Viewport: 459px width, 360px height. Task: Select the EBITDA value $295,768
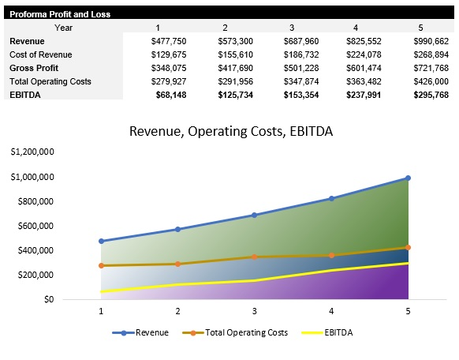tap(431, 95)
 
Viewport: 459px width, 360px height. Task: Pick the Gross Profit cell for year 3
tap(303, 68)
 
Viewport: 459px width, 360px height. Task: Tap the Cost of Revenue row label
tap(40, 54)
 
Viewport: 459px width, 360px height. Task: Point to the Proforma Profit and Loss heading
tap(60, 14)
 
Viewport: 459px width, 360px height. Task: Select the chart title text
tap(230, 132)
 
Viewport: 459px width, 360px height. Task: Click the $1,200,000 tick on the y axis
tap(32, 152)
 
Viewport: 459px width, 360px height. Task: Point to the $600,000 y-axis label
tap(35, 226)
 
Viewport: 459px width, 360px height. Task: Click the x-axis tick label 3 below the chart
tap(254, 312)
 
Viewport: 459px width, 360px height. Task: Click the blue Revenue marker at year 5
tap(408, 178)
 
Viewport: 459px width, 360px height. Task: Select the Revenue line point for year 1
tap(101, 241)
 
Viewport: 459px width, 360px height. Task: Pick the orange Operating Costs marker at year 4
tap(331, 255)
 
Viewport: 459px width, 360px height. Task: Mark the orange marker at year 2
tap(177, 264)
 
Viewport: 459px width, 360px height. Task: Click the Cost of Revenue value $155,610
tap(236, 54)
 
